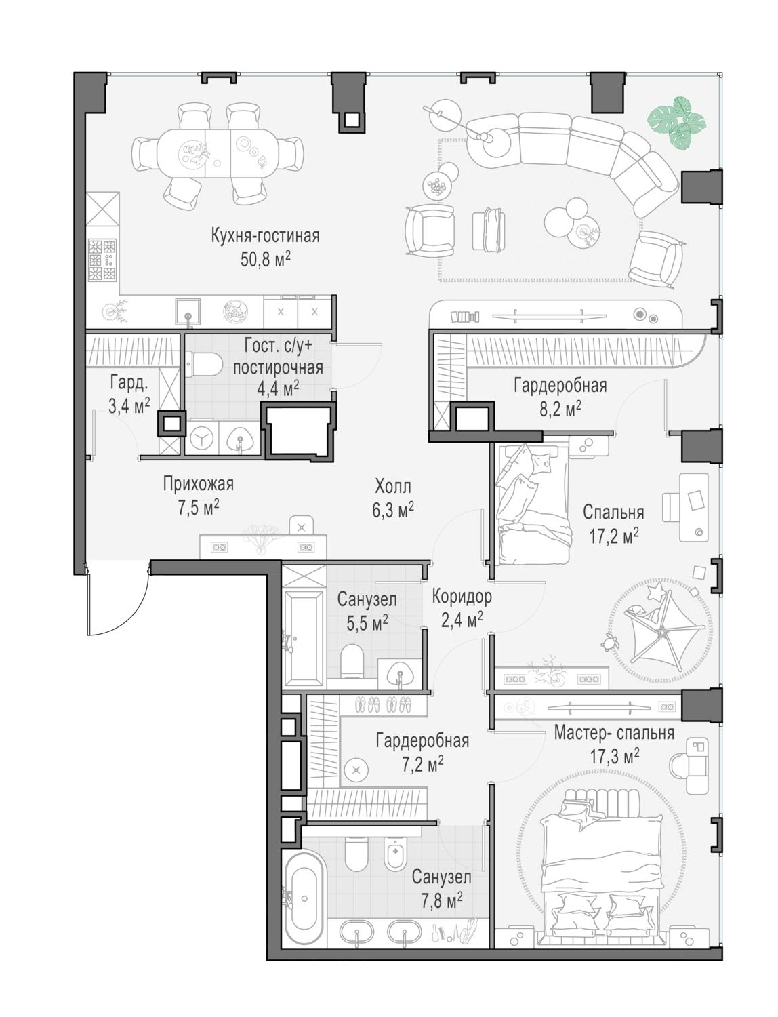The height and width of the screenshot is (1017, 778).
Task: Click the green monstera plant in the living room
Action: coord(676,123)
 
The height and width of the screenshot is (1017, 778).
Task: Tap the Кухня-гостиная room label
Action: coord(265,235)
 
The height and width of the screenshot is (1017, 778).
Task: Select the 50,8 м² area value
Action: coord(265,259)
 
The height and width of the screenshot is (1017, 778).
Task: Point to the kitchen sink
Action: coord(188,311)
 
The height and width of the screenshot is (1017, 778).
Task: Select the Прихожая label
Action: coord(198,485)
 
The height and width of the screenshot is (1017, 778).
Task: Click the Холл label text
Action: coord(392,487)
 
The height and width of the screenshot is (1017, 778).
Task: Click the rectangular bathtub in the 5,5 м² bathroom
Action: coord(304,639)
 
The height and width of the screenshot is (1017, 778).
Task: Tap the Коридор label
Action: coord(462,597)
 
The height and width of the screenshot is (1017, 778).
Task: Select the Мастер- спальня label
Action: coord(614,734)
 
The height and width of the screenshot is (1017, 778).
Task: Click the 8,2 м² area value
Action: coord(560,410)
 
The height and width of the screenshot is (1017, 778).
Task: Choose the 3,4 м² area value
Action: coord(129,406)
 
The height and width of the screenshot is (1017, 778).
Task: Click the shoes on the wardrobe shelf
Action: coord(383,705)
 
